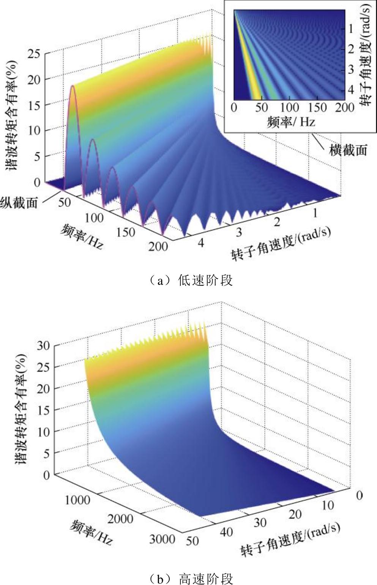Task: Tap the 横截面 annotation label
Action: [x=348, y=150]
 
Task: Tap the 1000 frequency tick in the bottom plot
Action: [x=77, y=500]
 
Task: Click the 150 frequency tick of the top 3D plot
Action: [x=125, y=232]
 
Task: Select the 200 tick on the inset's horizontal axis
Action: [x=345, y=107]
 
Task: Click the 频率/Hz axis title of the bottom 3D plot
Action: [x=91, y=533]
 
